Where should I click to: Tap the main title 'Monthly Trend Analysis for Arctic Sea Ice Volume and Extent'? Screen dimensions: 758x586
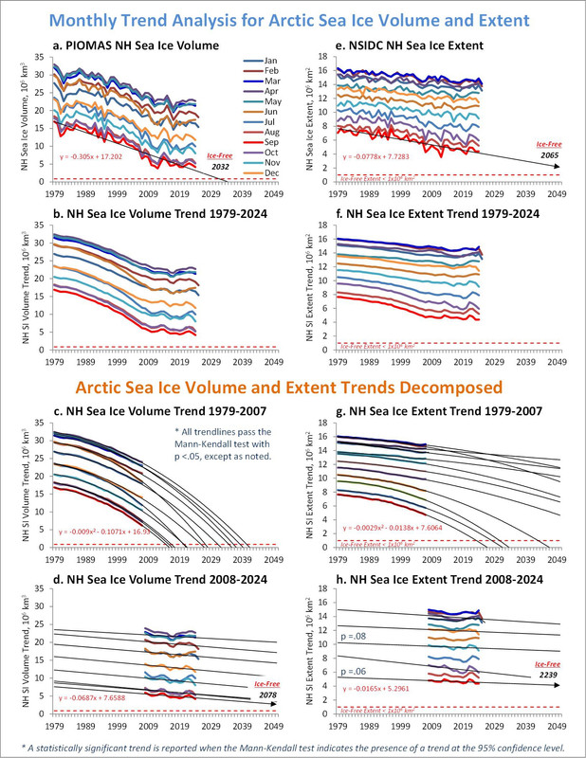[x=292, y=17]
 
